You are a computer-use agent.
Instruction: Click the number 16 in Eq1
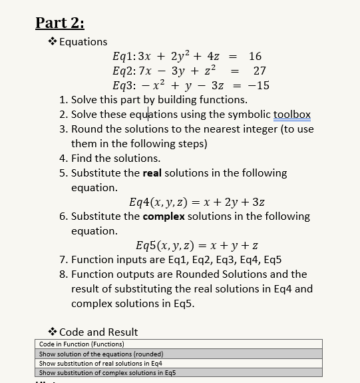click(x=255, y=57)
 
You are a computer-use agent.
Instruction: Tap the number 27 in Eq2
click(x=260, y=71)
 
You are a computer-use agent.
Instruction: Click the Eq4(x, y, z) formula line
click(x=200, y=202)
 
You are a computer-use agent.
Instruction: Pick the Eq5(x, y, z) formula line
click(x=197, y=245)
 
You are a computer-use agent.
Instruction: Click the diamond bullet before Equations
click(x=52, y=42)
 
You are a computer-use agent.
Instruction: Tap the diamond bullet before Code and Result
click(x=52, y=332)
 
